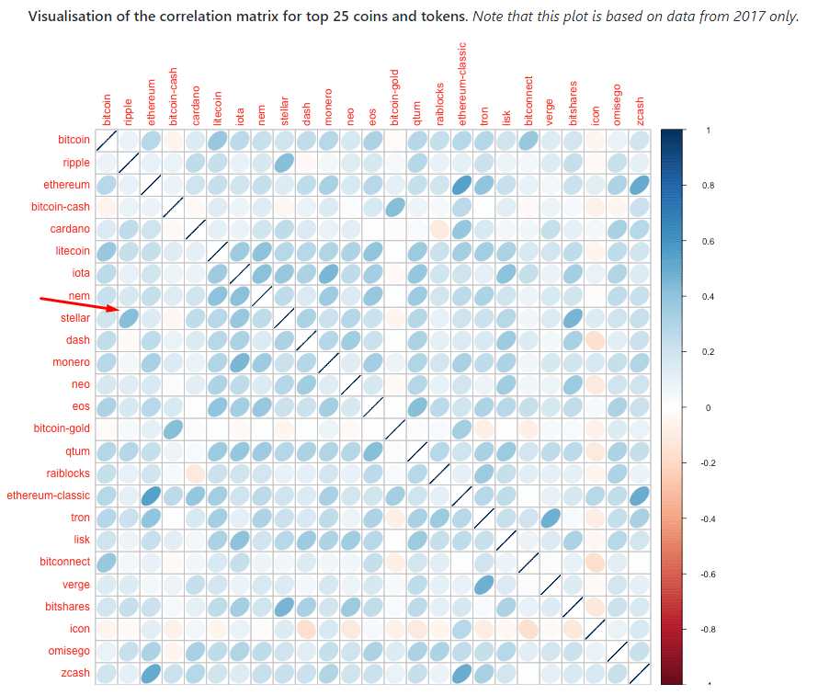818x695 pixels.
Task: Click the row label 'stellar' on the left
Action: (75, 318)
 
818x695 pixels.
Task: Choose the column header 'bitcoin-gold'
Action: (395, 97)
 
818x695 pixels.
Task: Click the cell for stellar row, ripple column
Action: (129, 318)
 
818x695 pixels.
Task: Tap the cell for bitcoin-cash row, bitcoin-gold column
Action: (395, 207)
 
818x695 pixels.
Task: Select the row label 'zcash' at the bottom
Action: (76, 673)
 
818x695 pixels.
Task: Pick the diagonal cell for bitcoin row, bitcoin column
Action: (107, 140)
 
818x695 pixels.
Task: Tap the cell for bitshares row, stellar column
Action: (284, 607)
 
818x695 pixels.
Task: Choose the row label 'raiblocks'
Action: (66, 473)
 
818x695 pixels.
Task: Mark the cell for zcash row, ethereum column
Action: (151, 673)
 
